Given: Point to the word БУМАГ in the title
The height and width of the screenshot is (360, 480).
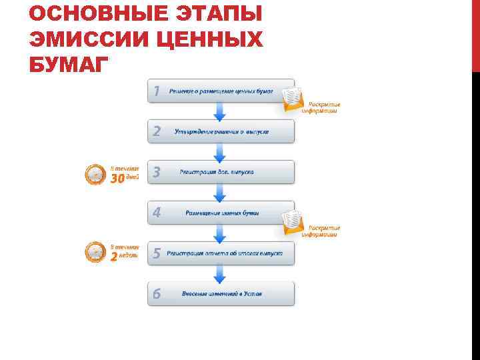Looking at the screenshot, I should [x=67, y=66].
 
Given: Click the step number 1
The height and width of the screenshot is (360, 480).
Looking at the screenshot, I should [x=156, y=91].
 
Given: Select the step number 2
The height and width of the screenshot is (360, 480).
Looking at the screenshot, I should [x=156, y=131].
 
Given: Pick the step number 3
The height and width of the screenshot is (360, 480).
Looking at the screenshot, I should [x=156, y=172].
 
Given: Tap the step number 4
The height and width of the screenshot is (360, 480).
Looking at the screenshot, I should [x=156, y=213].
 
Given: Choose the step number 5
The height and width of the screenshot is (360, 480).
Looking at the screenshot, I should [x=156, y=253].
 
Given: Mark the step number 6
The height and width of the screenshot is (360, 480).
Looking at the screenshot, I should [x=156, y=294].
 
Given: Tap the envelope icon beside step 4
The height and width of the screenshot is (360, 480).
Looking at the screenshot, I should [x=293, y=223].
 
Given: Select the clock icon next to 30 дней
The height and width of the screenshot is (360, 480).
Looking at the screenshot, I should [x=95, y=175].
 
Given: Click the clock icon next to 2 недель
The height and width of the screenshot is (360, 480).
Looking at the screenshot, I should [x=95, y=253].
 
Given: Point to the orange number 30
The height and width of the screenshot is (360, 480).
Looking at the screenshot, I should [x=117, y=179].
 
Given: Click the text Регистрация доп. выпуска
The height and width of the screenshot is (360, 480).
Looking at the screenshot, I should [x=217, y=172].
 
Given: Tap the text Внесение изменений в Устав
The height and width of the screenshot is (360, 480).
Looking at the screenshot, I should [x=222, y=294].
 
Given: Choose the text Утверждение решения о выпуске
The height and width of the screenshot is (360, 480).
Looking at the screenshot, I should [x=222, y=131].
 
